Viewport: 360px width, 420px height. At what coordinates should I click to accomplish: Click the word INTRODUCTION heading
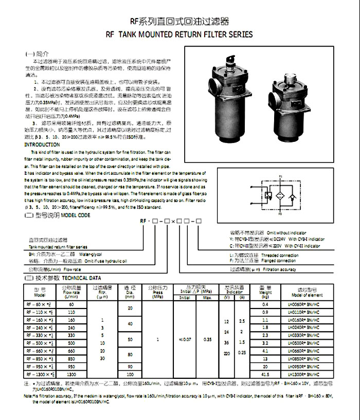tap(42, 145)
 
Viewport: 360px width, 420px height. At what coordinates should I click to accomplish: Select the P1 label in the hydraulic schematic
tap(281, 177)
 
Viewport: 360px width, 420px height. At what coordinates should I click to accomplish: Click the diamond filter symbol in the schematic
tap(281, 197)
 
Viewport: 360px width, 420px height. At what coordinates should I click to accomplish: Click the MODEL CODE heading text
tap(77, 216)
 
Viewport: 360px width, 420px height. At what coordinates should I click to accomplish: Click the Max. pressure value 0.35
tap(207, 340)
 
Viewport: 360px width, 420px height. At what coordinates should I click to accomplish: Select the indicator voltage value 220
tap(227, 354)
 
